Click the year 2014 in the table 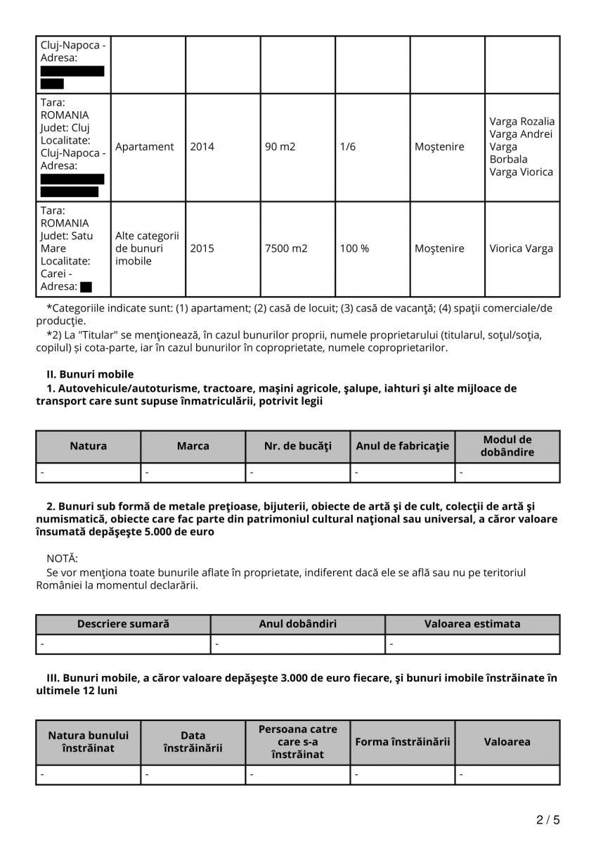click(202, 147)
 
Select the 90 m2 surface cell click(280, 147)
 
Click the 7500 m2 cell click(286, 248)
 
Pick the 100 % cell click(354, 248)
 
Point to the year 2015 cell click(202, 248)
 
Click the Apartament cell click(145, 147)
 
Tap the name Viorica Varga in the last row click(521, 248)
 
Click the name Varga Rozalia click(521, 122)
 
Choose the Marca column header click(193, 446)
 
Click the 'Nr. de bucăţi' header click(297, 446)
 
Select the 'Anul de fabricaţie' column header click(402, 446)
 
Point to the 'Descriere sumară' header click(123, 624)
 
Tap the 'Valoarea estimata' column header click(472, 624)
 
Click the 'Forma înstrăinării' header click(402, 741)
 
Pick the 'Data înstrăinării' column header click(193, 741)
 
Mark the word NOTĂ click(62, 558)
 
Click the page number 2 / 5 click(548, 819)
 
